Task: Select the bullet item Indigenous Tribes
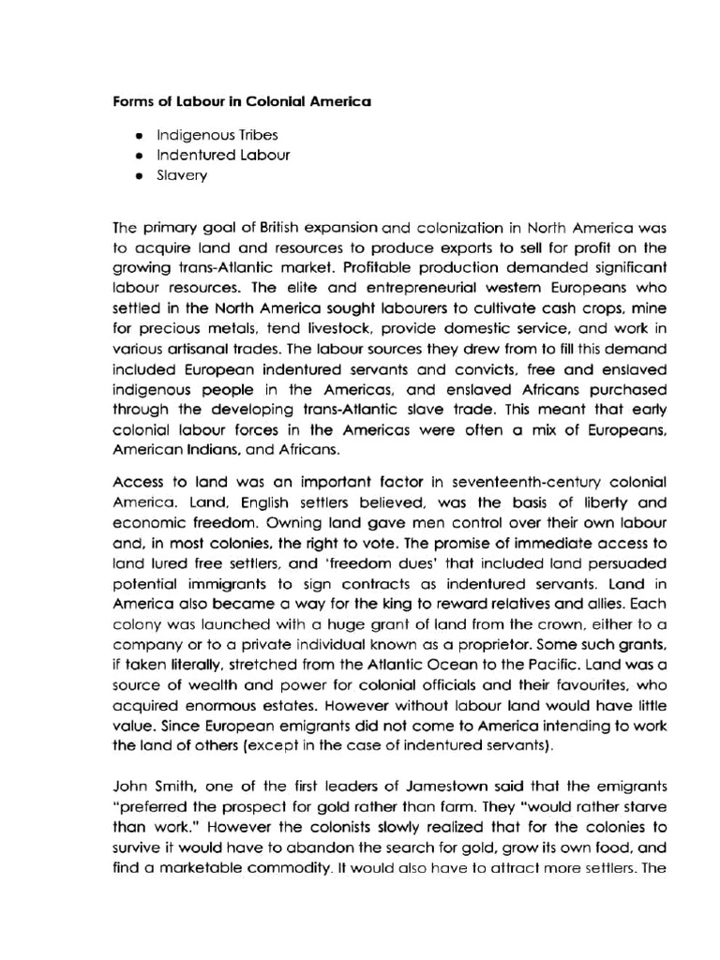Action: coord(211,135)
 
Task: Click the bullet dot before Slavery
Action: coord(138,175)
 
